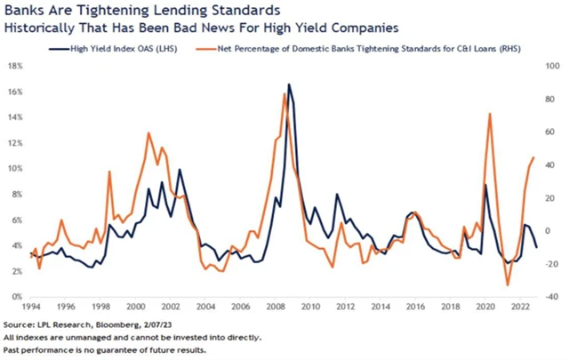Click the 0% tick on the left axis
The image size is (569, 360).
click(x=16, y=296)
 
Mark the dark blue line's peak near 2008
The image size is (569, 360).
click(x=289, y=84)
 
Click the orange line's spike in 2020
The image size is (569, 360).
click(x=490, y=113)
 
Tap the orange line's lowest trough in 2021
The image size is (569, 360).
click(x=508, y=285)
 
